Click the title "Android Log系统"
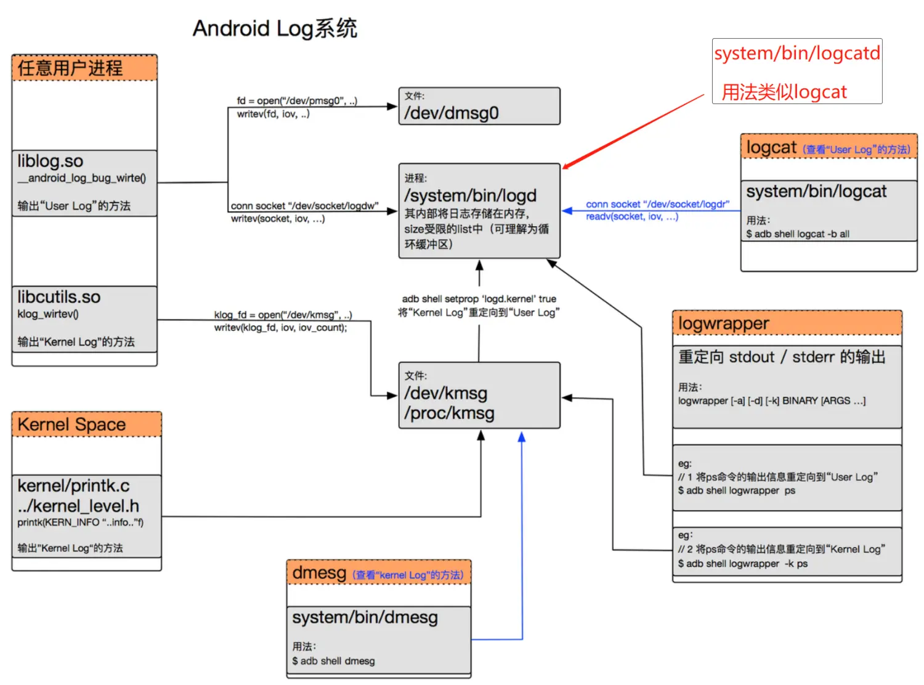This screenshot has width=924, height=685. pos(275,28)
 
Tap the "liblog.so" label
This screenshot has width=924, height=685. pos(50,161)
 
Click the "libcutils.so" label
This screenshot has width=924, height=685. pos(59,297)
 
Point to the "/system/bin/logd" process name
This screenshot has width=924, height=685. pos(470,196)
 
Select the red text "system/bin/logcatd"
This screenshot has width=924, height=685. pos(796,54)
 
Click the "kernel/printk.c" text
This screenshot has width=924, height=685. pos(73,485)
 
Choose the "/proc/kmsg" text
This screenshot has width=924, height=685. pos(449,413)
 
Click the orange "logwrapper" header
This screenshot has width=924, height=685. pos(723,323)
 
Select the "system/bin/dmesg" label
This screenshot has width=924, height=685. pos(365,617)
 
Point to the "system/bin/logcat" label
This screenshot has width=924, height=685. pos(816,192)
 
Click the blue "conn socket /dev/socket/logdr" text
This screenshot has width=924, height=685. pos(657,204)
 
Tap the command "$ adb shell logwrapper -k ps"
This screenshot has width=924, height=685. pos(742,564)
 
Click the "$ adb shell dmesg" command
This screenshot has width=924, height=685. pos(333,661)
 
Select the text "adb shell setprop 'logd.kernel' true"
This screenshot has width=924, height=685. pos(479,299)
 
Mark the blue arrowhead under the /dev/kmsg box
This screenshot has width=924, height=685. pos(522,437)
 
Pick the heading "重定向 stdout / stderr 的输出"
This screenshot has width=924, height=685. pos(781,357)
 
